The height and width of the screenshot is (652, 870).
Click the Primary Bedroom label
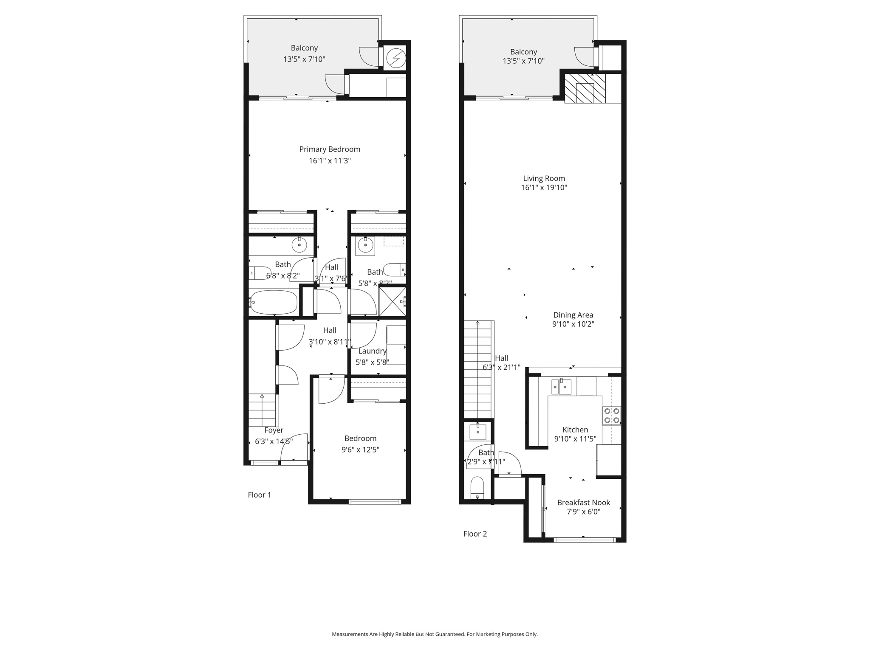(330, 149)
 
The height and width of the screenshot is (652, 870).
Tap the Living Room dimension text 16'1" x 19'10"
(544, 188)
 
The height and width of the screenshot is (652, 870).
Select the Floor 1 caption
(259, 495)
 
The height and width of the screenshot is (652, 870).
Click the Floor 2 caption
(475, 534)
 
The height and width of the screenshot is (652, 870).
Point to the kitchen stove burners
(612, 416)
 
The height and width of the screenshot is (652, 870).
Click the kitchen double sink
(561, 387)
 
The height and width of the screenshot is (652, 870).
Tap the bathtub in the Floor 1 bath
(274, 302)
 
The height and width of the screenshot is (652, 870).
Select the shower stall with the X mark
(392, 301)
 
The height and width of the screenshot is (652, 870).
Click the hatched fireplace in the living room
(585, 88)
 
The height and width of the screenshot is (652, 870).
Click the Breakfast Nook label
(583, 503)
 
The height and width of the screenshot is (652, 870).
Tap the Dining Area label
(573, 315)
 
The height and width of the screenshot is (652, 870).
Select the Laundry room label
(372, 351)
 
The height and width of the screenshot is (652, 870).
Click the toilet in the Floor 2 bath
(477, 488)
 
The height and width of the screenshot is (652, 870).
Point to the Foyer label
(274, 430)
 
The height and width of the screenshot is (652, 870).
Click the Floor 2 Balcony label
(523, 52)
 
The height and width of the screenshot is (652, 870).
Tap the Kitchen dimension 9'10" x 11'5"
(575, 439)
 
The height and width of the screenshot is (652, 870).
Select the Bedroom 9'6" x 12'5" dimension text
(360, 450)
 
